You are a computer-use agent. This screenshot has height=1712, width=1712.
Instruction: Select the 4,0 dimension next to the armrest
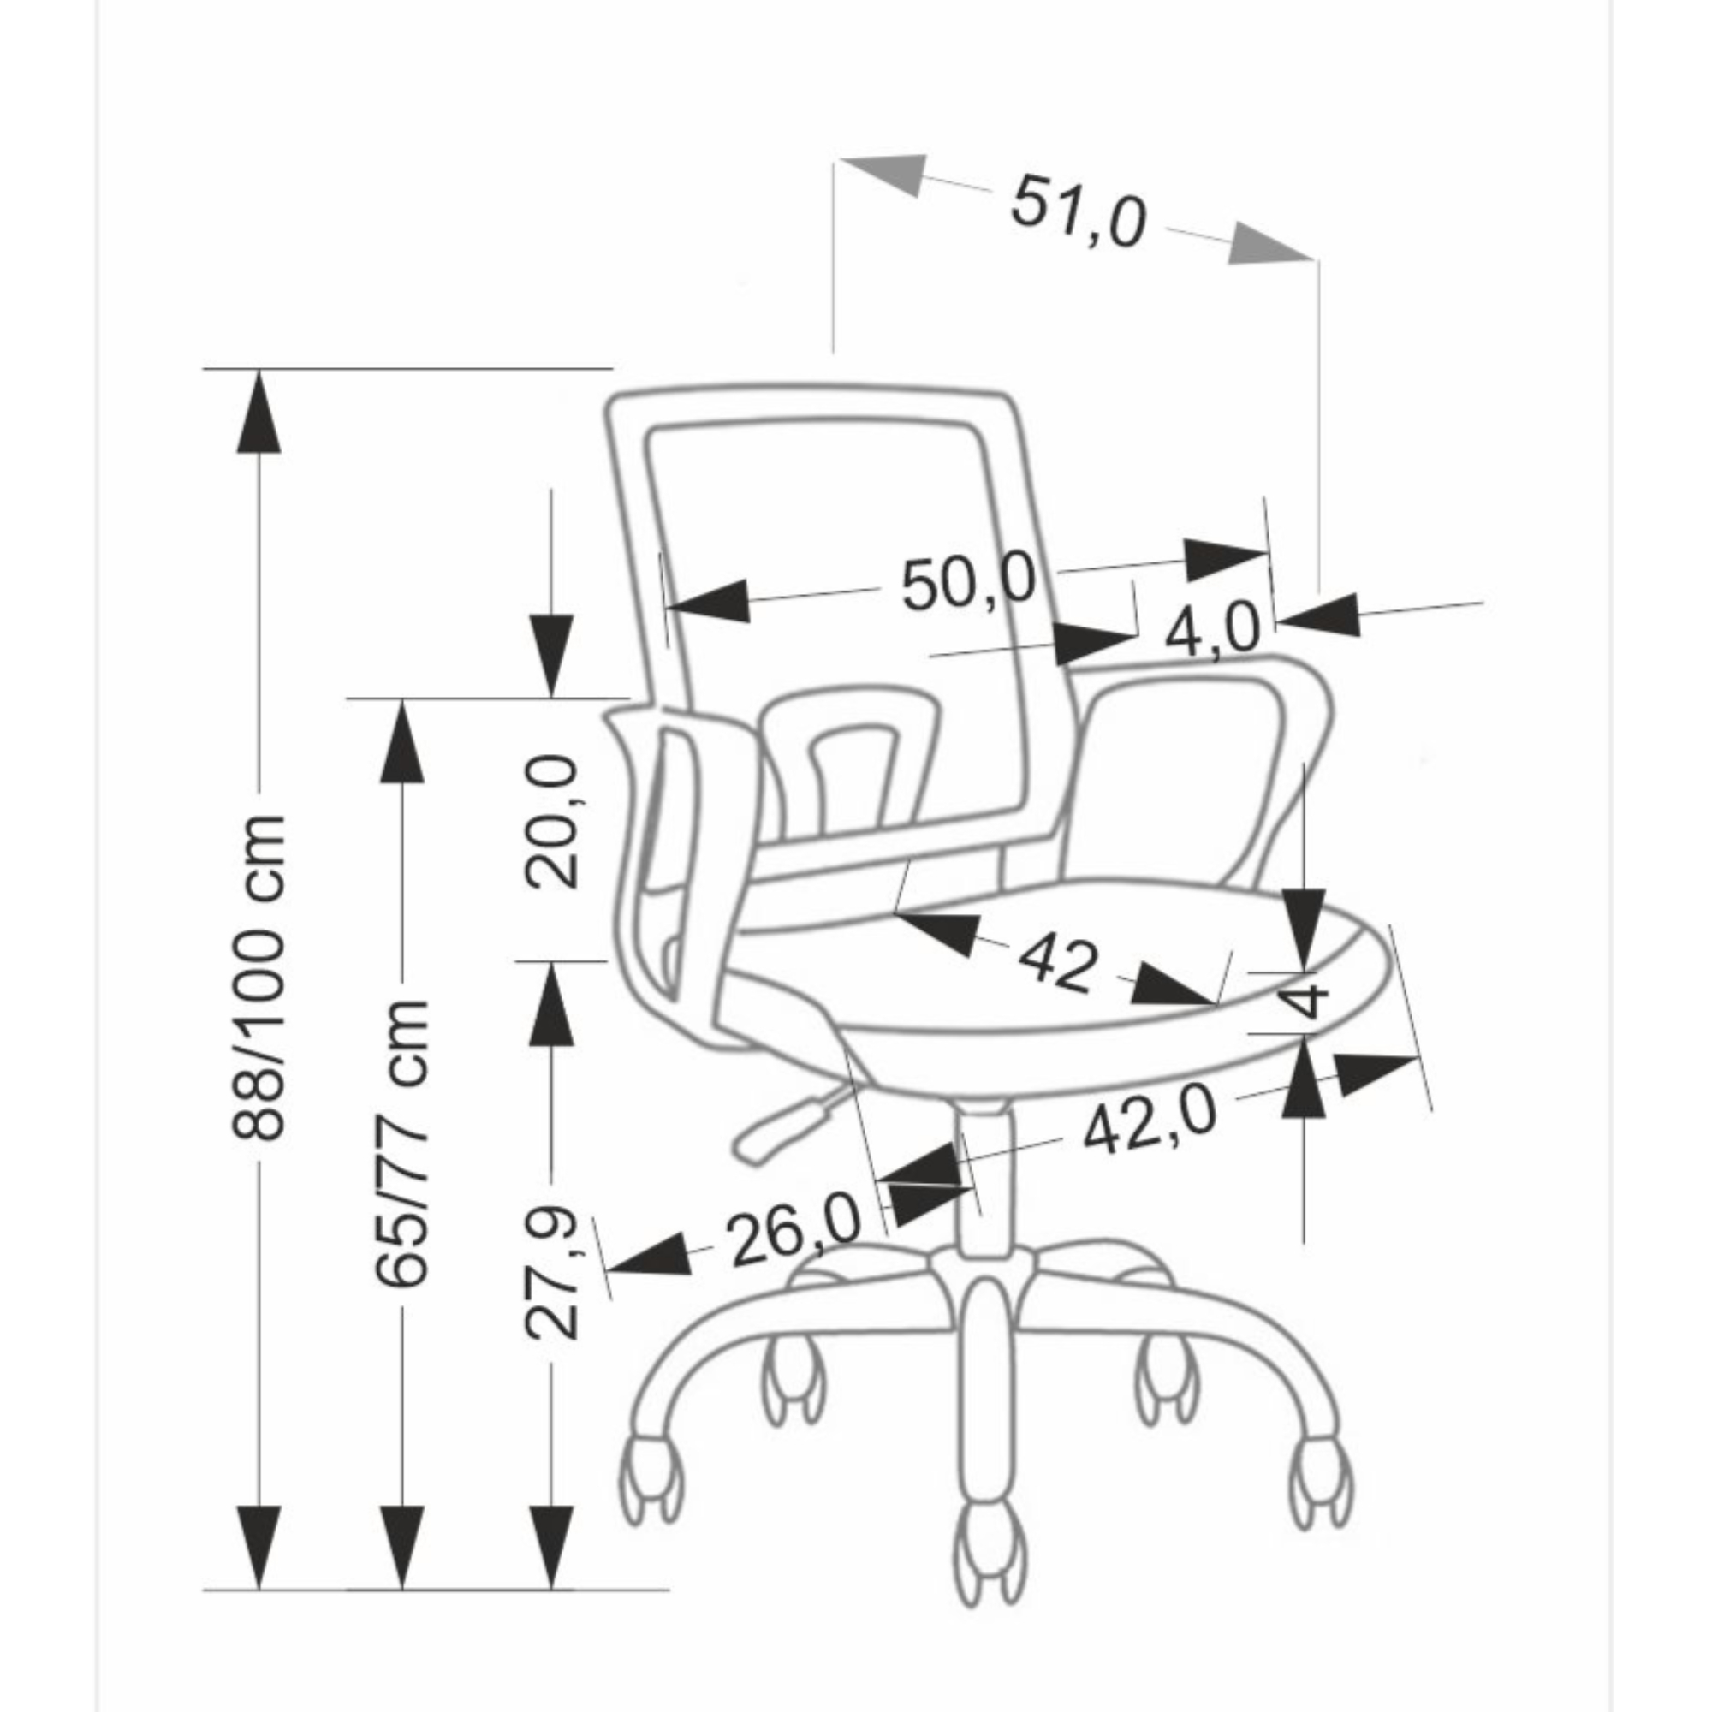coord(1211,630)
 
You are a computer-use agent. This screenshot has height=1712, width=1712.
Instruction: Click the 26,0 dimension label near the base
coord(795,1233)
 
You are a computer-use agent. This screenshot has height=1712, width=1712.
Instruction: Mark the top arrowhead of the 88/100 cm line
coord(259,410)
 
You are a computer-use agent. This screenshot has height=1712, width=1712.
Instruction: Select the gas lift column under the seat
coord(985,1179)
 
